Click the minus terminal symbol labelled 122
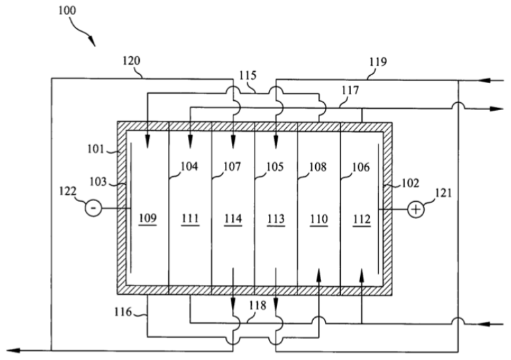tap(93, 208)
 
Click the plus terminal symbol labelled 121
tap(416, 209)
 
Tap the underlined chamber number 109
tap(148, 219)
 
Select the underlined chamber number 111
tap(191, 219)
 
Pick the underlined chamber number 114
tap(233, 219)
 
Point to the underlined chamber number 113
tap(276, 220)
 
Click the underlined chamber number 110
tap(318, 220)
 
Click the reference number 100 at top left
tap(67, 11)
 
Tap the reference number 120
tap(131, 61)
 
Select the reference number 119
tap(378, 62)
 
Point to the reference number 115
tap(248, 76)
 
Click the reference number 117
tap(350, 90)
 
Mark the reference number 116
tap(123, 312)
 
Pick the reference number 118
tap(257, 305)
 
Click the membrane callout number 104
tap(189, 166)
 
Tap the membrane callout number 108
tap(317, 167)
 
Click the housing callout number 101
tap(96, 149)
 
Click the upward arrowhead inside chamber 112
tap(362, 276)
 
